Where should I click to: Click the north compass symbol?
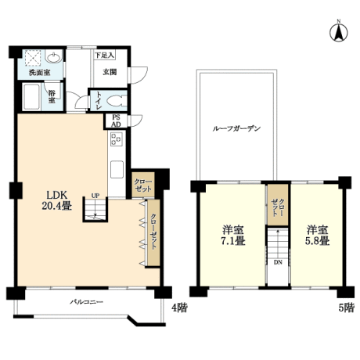pyautogui.click(x=339, y=32)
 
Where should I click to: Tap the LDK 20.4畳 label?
pyautogui.click(x=57, y=200)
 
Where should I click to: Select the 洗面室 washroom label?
pyautogui.click(x=40, y=73)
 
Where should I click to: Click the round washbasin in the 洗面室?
pyautogui.click(x=54, y=56)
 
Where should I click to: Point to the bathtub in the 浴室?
pyautogui.click(x=31, y=97)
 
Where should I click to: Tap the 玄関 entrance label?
pyautogui.click(x=110, y=72)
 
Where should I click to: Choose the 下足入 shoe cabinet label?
pyautogui.click(x=104, y=56)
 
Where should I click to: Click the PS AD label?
pyautogui.click(x=116, y=121)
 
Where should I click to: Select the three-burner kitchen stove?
pyautogui.click(x=117, y=139)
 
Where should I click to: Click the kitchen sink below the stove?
pyautogui.click(x=117, y=169)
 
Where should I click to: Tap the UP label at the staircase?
pyautogui.click(x=95, y=196)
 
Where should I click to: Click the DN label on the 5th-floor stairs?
pyautogui.click(x=278, y=262)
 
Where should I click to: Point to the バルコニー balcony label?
pyautogui.click(x=86, y=302)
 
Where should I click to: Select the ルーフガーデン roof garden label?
pyautogui.click(x=236, y=128)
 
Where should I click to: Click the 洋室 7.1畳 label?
pyautogui.click(x=233, y=235)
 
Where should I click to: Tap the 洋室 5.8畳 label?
pyautogui.click(x=317, y=235)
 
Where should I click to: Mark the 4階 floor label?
pyautogui.click(x=179, y=308)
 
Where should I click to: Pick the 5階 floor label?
pyautogui.click(x=347, y=308)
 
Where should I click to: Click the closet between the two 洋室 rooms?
pyautogui.click(x=278, y=204)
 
